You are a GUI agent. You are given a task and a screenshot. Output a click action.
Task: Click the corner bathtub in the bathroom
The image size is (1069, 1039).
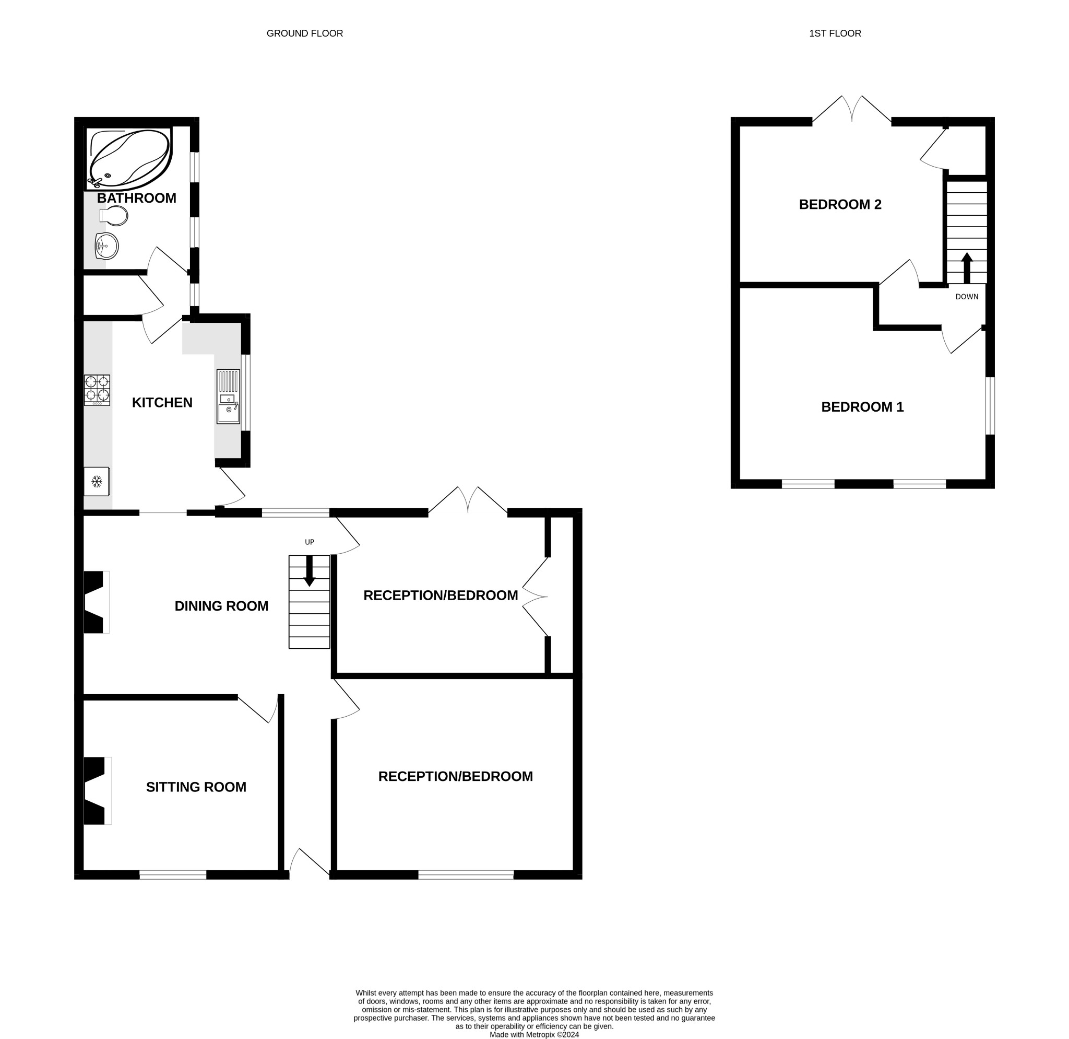coord(129,158)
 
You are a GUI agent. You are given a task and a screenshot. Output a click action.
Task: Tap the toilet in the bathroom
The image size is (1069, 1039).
coord(114,216)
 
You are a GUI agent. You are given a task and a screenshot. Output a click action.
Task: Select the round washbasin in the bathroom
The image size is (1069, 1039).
coord(106,246)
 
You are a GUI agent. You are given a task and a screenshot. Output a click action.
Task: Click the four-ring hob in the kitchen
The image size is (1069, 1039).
coord(97,390)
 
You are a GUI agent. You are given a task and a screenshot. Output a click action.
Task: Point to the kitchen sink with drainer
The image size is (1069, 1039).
coord(228,396)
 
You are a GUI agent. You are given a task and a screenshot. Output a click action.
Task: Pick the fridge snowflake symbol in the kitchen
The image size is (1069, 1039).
coord(97,481)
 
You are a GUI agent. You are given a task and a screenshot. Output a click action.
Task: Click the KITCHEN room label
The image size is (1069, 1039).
coord(162,403)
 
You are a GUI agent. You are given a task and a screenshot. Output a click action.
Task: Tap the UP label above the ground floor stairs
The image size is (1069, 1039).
coord(309,542)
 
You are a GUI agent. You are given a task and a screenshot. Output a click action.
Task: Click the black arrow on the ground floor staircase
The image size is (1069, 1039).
coord(309,571)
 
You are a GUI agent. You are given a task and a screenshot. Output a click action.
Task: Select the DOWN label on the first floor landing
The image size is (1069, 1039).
coord(967,297)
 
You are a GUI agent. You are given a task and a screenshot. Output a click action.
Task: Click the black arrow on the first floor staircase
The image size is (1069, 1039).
coord(967,267)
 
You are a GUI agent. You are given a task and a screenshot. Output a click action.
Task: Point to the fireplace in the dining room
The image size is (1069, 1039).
coord(95,602)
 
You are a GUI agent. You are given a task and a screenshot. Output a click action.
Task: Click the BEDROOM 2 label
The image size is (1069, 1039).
coord(840,205)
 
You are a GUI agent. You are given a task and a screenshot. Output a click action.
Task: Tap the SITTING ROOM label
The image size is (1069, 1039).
coord(196,787)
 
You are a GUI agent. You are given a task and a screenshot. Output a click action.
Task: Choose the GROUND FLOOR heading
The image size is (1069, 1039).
coord(304,33)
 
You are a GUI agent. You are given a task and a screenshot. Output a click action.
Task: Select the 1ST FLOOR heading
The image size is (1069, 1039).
coord(835,33)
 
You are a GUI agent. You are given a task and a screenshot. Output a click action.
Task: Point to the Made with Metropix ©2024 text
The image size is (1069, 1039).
coord(534,1034)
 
